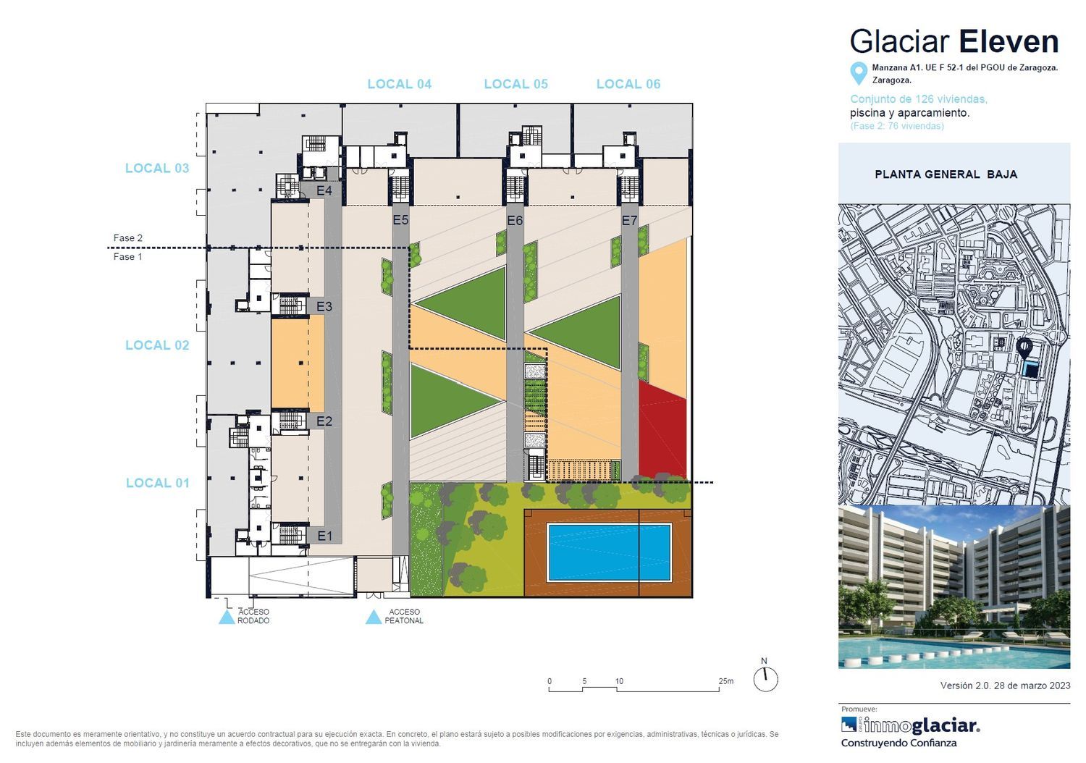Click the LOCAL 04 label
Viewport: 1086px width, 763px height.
pos(400,85)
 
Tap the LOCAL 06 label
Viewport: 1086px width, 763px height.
pos(628,85)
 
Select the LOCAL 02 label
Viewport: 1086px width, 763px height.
pos(157,345)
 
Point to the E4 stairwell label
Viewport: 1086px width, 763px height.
pos(324,190)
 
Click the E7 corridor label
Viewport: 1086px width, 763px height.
pos(629,221)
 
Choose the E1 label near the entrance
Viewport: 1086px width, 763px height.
pos(325,536)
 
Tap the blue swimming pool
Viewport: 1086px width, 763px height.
pos(609,552)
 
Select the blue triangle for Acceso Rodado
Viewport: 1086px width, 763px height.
pos(227,617)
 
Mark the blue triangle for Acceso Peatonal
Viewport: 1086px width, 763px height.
pos(374,617)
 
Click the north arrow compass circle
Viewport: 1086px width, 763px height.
pos(765,679)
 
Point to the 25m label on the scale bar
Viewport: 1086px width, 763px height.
pos(725,681)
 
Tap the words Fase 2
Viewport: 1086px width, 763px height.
pos(128,238)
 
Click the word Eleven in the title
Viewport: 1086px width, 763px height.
pos(1009,41)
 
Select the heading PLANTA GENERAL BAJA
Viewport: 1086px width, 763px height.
pos(946,174)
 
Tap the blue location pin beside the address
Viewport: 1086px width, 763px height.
pos(859,74)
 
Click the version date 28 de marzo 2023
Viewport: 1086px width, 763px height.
pos(1032,686)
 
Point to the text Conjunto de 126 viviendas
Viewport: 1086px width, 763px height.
pos(919,99)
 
